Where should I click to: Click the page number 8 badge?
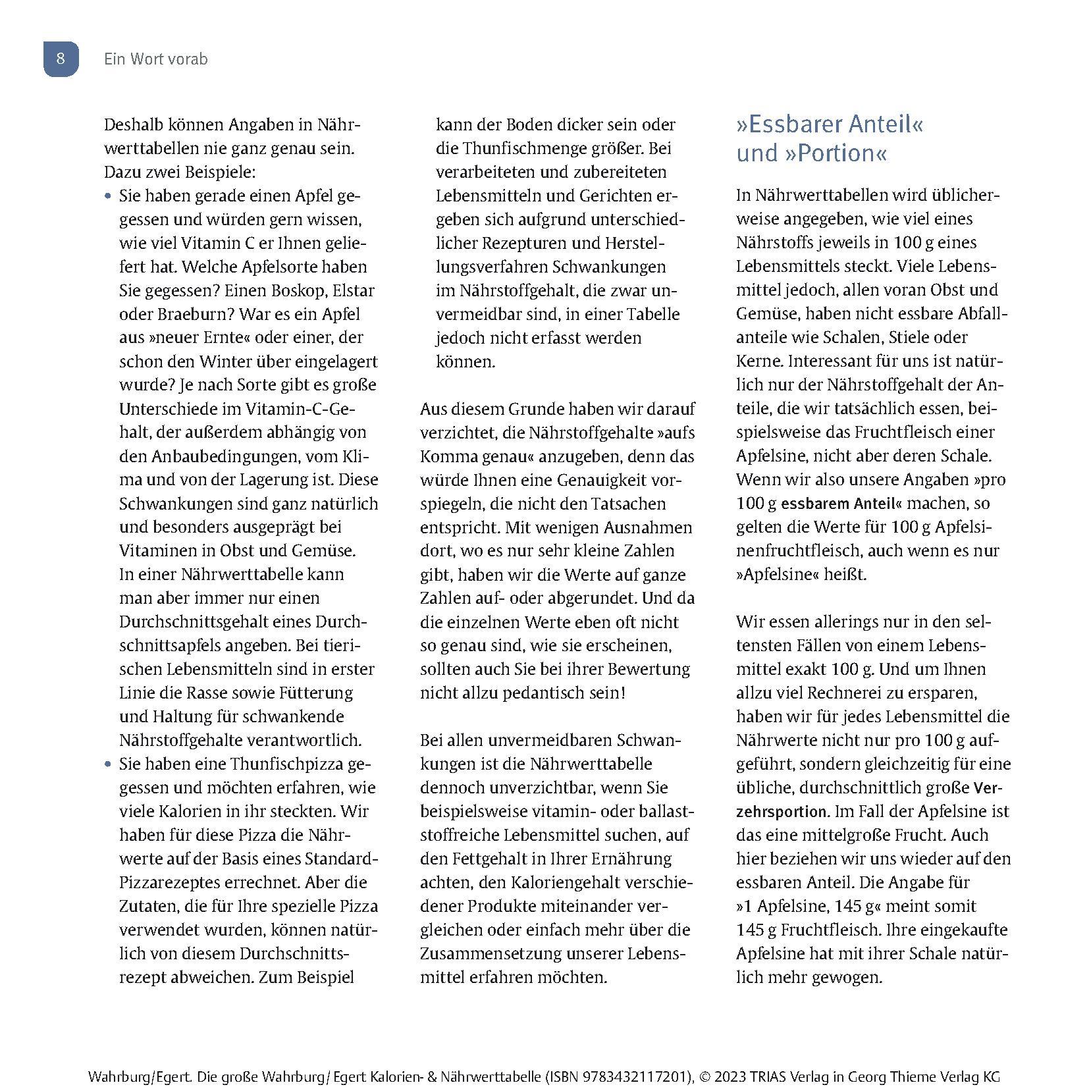tap(61, 59)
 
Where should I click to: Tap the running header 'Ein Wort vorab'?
tap(155, 59)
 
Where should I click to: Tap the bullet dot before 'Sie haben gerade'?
tap(108, 196)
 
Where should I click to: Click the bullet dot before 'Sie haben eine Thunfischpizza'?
tap(108, 764)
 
